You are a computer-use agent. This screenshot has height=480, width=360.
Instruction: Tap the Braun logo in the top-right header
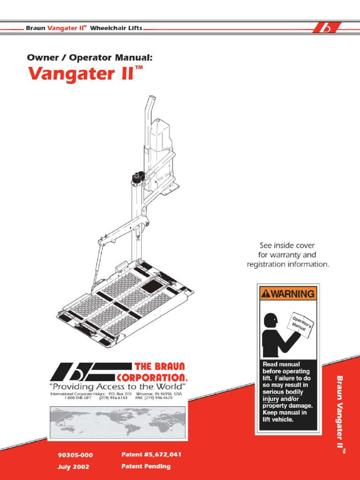click(x=326, y=29)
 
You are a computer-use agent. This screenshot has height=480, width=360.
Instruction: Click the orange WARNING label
click(x=288, y=294)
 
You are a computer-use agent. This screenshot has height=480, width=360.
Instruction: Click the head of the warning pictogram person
click(x=270, y=320)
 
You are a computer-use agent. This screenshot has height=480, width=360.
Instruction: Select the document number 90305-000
click(x=75, y=455)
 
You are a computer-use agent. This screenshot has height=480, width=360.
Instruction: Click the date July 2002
click(x=74, y=466)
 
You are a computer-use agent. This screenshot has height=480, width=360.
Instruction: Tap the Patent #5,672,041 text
click(x=151, y=454)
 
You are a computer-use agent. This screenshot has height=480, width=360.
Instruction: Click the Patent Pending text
click(x=146, y=466)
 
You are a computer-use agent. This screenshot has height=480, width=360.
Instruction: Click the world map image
click(x=118, y=421)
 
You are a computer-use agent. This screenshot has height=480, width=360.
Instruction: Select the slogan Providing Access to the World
click(x=118, y=386)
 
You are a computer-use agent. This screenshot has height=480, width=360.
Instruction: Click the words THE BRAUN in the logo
click(x=159, y=366)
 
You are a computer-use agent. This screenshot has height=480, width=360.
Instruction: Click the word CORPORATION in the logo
click(x=153, y=377)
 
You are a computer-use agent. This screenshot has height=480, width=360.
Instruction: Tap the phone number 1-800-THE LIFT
click(x=78, y=397)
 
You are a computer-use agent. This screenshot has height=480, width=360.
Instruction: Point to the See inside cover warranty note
click(x=288, y=255)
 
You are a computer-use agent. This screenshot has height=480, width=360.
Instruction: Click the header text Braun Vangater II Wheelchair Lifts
click(x=84, y=28)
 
